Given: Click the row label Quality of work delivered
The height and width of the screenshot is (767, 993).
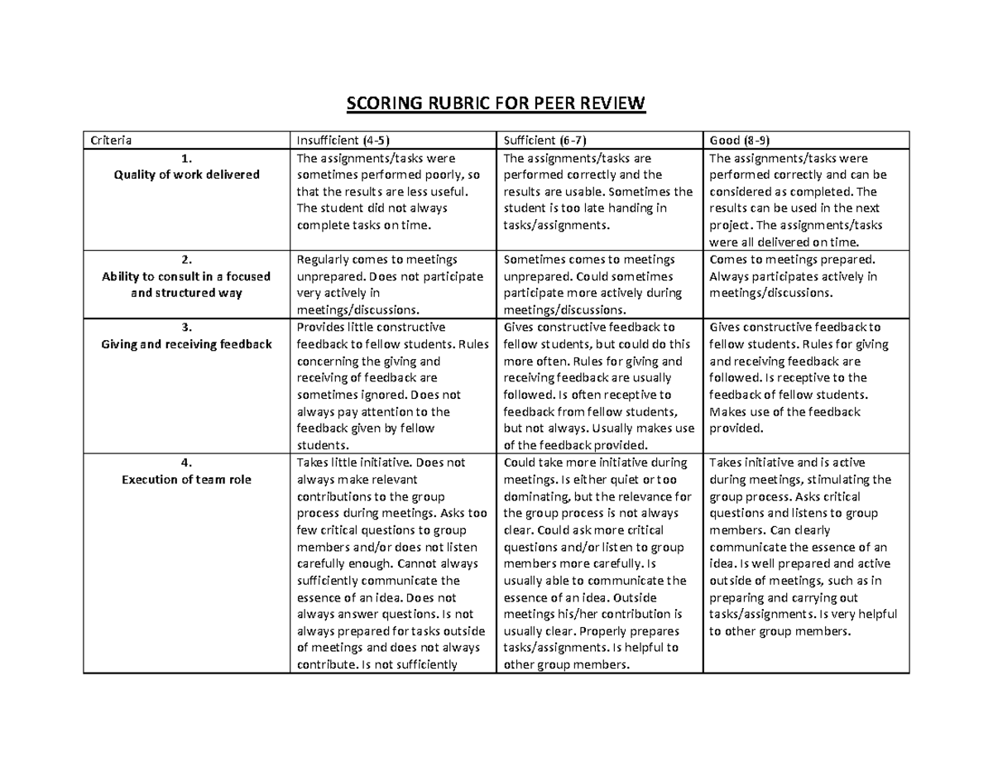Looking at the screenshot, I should (187, 175).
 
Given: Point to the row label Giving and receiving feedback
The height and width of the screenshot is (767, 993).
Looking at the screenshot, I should (187, 344).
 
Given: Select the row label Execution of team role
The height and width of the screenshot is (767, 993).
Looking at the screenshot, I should (187, 479).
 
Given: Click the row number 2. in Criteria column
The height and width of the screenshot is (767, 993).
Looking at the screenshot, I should (187, 260).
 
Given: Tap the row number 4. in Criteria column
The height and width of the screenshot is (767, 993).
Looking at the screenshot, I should (187, 463).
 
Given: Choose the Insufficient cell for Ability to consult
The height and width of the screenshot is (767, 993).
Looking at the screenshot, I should (391, 285).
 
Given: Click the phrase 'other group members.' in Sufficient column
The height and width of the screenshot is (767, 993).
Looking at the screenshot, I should (567, 664).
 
